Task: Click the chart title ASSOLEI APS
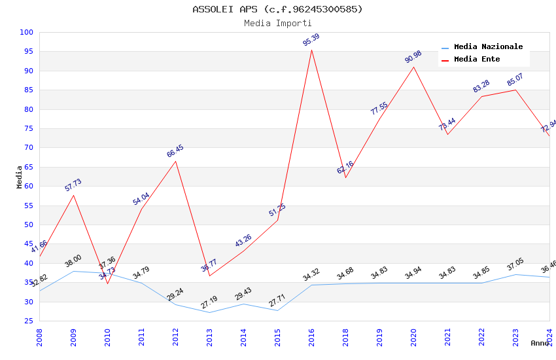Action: click(277, 9)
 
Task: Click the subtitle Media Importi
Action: click(277, 24)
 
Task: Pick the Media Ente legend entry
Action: click(476, 60)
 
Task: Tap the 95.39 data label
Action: click(311, 40)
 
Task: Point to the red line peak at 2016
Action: click(311, 50)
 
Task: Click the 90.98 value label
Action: click(413, 57)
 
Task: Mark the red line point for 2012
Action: click(175, 161)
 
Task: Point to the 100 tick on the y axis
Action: click(27, 32)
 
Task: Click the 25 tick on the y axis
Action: click(29, 321)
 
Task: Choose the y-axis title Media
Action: click(20, 177)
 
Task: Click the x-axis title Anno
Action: click(540, 343)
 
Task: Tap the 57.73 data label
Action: click(73, 185)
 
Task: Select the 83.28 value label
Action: click(481, 86)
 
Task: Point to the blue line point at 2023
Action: click(515, 274)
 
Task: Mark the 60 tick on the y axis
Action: click(29, 186)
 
